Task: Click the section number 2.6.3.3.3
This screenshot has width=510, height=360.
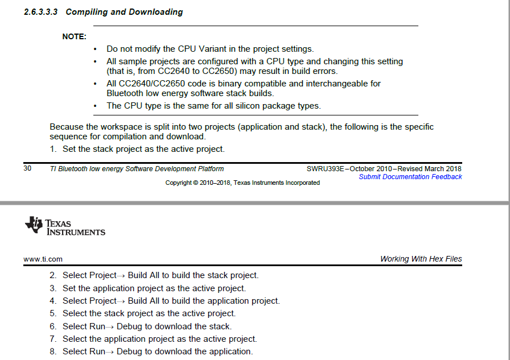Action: [x=42, y=12]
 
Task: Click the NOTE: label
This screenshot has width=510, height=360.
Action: [x=74, y=37]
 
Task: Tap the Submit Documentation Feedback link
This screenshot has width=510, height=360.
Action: [x=410, y=177]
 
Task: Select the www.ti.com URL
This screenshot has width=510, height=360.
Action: [x=43, y=259]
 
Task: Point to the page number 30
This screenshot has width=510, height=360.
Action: [x=27, y=168]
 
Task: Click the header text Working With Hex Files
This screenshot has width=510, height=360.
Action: [x=421, y=259]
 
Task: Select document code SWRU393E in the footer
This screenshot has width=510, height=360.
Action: [x=326, y=168]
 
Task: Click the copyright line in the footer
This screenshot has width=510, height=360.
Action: [x=242, y=183]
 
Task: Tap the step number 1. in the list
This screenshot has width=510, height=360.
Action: [x=53, y=149]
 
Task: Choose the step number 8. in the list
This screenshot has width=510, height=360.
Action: [x=53, y=351]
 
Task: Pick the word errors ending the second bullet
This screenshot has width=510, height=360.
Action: [x=324, y=71]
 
